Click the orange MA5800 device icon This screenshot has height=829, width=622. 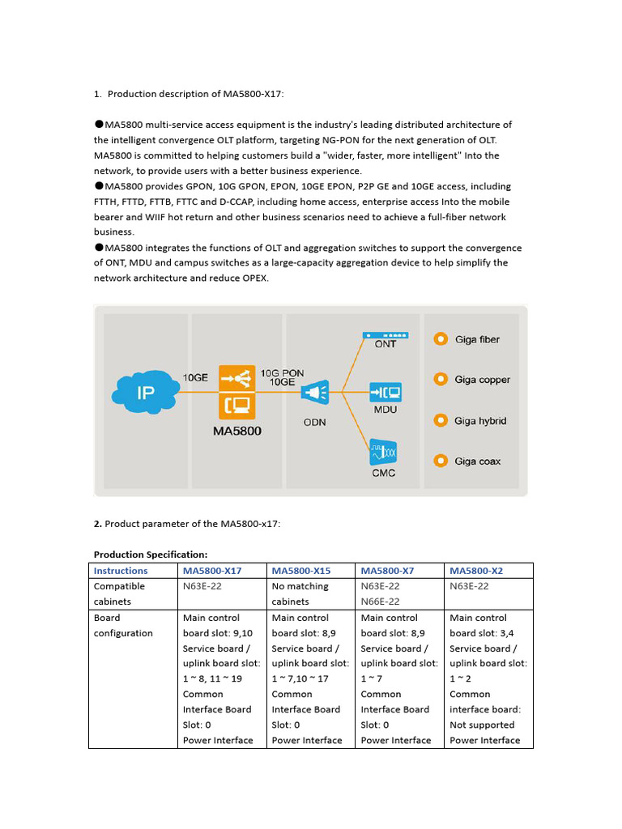(x=236, y=390)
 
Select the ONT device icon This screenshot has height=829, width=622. (x=386, y=334)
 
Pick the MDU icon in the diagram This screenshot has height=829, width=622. (x=386, y=393)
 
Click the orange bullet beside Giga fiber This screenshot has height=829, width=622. (x=441, y=339)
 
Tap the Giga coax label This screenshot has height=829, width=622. (x=477, y=461)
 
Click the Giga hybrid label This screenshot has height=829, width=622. (x=480, y=421)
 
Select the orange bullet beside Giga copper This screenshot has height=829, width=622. (x=441, y=380)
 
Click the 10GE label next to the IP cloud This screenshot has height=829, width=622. (x=195, y=377)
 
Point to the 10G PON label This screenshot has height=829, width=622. (x=282, y=372)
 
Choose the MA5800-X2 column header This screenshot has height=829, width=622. (x=476, y=571)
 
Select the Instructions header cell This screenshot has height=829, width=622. (x=121, y=571)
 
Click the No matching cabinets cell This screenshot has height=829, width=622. (x=300, y=593)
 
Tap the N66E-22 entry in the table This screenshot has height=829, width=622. (x=380, y=602)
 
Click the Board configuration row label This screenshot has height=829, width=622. (x=123, y=625)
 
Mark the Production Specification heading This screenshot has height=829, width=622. (x=151, y=555)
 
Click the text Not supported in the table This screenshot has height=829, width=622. (x=482, y=725)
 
